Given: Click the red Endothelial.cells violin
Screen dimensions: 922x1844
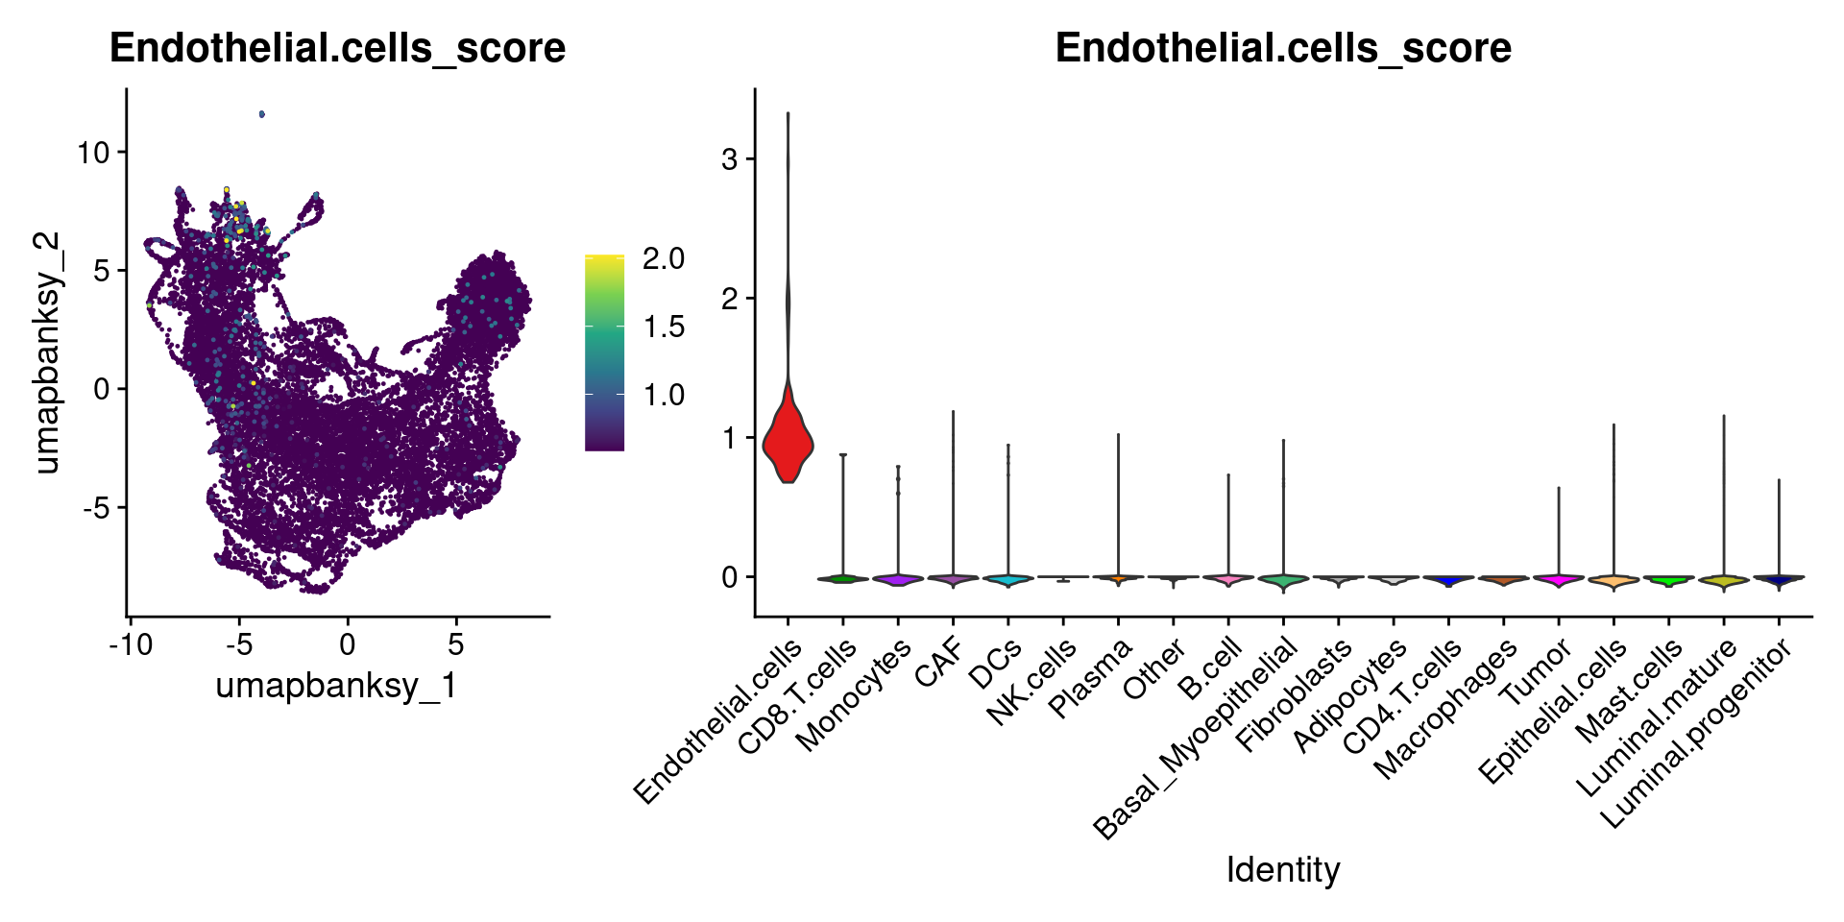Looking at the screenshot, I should (x=788, y=440).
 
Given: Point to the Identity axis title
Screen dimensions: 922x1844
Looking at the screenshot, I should (x=1282, y=869).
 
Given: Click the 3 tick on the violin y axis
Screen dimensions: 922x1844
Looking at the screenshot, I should (x=730, y=158).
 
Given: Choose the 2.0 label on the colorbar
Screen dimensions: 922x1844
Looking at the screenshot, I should (x=664, y=258).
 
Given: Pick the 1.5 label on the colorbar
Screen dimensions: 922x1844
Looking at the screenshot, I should (x=664, y=327).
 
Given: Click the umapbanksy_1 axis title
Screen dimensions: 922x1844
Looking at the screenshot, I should (x=336, y=685).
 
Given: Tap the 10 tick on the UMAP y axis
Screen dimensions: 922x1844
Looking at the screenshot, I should (x=93, y=152).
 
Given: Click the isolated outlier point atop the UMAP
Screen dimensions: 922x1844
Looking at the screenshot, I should (x=262, y=114).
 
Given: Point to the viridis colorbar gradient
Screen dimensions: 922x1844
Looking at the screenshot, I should (x=604, y=352).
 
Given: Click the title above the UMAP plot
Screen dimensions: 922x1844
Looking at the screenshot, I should (x=337, y=48).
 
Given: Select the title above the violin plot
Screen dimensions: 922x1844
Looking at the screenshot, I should (x=1282, y=48).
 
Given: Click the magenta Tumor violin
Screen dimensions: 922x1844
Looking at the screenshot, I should (x=1558, y=579).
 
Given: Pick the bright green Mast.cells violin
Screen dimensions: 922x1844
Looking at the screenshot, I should (x=1668, y=580).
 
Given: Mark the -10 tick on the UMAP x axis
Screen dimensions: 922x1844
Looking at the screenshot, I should (x=131, y=643).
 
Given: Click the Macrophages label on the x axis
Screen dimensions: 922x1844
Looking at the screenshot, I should (x=1446, y=709).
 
